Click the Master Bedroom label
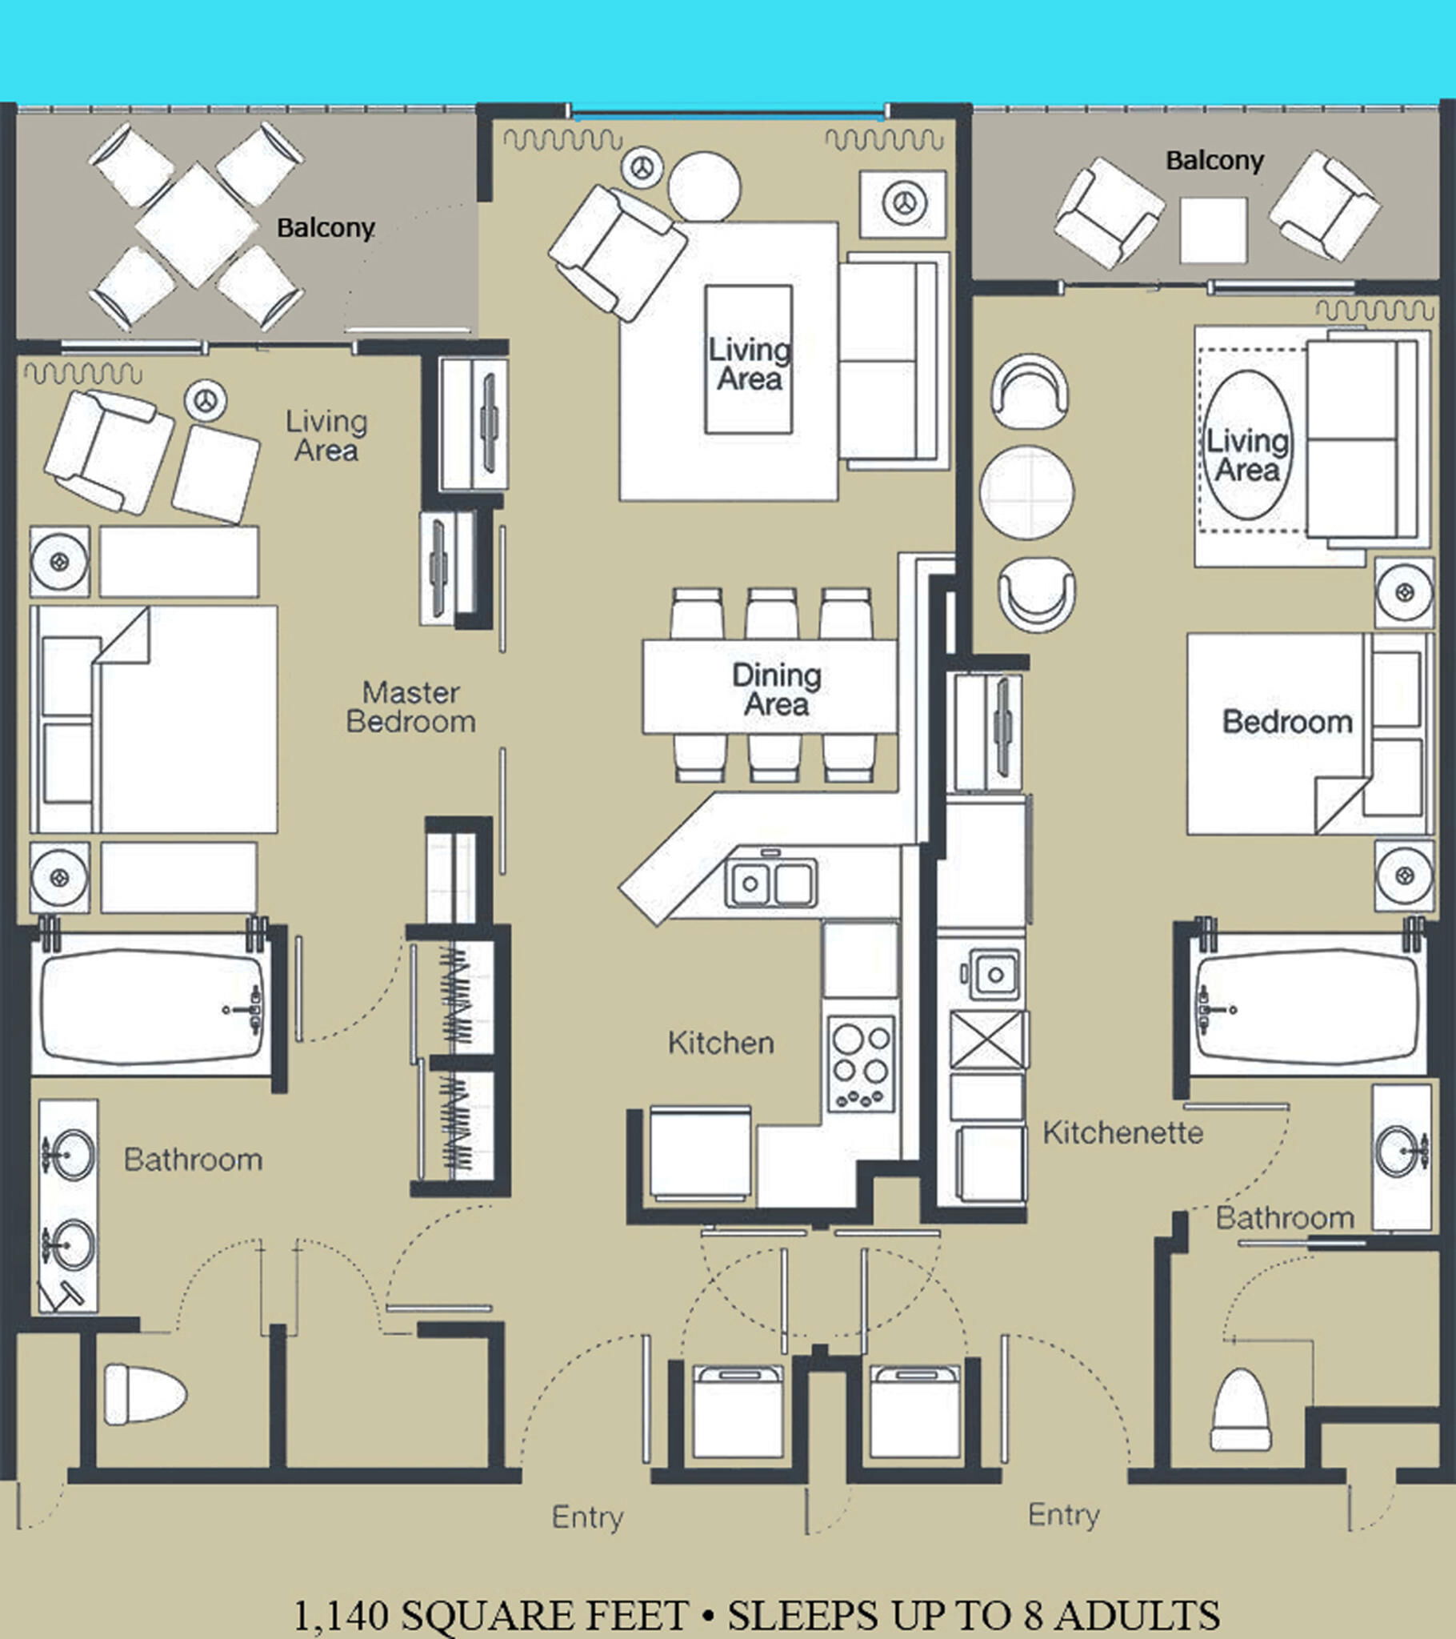click(x=410, y=707)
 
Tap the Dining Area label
click(x=776, y=690)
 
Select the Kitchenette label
click(x=1122, y=1132)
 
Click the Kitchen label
click(x=721, y=1043)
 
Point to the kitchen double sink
click(x=770, y=883)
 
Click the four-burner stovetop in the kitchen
click(x=861, y=1064)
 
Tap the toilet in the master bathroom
click(x=145, y=1394)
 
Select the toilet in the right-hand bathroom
click(x=1240, y=1409)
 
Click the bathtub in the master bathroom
click(x=151, y=1006)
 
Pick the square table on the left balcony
click(x=198, y=225)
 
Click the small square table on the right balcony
click(x=1213, y=231)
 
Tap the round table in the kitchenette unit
click(x=1027, y=492)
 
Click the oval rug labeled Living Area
click(x=1247, y=445)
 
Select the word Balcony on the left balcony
click(x=326, y=229)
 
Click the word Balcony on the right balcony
click(x=1214, y=161)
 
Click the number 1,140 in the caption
click(x=342, y=1615)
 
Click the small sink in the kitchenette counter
click(x=994, y=974)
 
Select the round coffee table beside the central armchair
click(x=704, y=186)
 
